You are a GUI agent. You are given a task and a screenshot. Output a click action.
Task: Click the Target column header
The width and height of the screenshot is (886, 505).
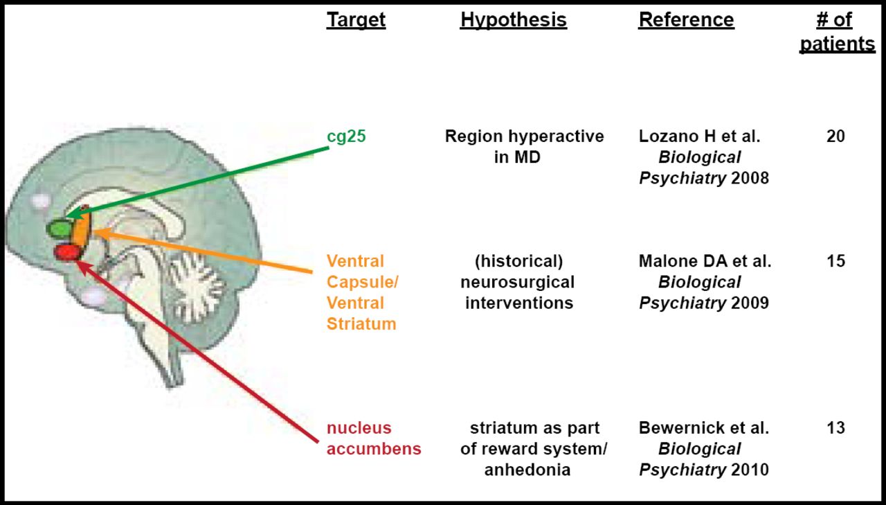356,20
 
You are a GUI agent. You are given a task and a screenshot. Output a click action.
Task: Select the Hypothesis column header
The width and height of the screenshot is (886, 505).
513,20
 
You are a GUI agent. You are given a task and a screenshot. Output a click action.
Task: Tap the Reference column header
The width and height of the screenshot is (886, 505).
686,20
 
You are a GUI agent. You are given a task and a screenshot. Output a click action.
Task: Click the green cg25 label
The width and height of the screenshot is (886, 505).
346,136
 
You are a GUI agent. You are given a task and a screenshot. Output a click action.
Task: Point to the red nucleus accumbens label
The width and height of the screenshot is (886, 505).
374,438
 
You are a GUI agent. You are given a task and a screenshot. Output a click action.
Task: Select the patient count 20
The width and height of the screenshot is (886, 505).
835,136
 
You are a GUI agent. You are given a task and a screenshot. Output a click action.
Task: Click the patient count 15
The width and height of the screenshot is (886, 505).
835,261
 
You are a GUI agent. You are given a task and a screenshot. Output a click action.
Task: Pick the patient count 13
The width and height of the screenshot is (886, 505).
835,427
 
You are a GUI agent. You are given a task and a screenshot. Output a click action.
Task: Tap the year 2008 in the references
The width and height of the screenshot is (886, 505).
750,178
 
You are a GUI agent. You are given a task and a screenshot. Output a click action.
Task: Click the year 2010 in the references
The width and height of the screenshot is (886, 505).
750,470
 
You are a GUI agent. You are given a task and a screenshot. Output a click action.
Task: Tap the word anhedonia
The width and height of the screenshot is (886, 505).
527,470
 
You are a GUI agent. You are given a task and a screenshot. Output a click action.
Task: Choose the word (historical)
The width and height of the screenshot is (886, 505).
518,261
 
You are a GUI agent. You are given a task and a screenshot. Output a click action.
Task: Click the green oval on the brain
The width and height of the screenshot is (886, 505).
58,228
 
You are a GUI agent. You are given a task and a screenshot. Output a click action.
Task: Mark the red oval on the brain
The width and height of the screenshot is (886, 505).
68,252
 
